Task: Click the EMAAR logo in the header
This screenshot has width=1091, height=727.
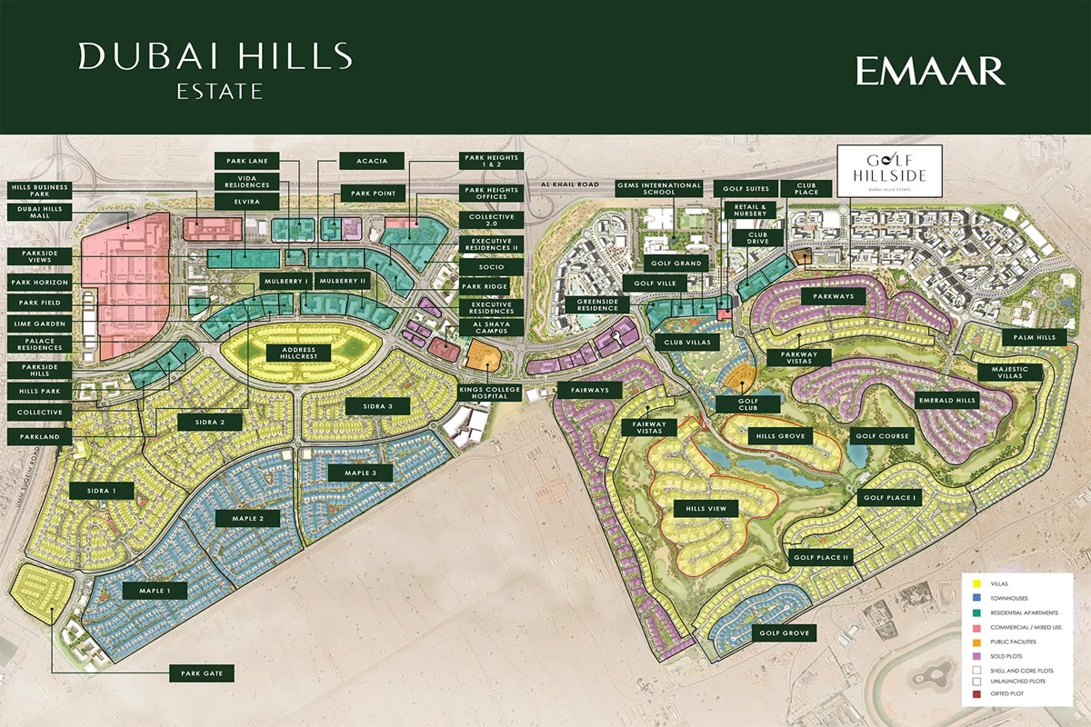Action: pyautogui.click(x=930, y=71)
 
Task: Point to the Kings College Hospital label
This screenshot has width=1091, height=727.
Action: pyautogui.click(x=492, y=393)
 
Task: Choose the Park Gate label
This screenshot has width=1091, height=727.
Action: pyautogui.click(x=202, y=673)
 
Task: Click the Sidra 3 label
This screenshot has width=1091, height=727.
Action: pyautogui.click(x=376, y=405)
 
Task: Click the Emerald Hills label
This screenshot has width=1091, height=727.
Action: pyautogui.click(x=946, y=400)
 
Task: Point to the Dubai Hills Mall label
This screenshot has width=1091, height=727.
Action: pyautogui.click(x=38, y=214)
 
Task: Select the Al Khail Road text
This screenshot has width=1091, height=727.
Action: pyautogui.click(x=570, y=185)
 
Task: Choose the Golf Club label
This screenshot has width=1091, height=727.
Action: pyautogui.click(x=747, y=403)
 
